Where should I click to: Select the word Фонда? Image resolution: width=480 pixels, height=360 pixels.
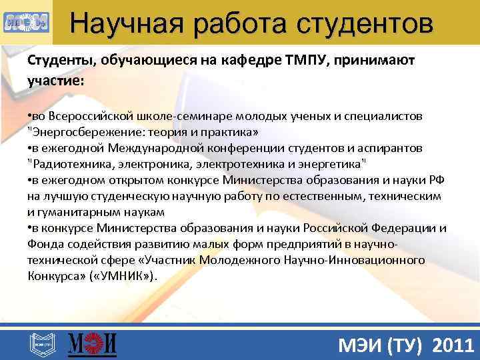tap(43, 244)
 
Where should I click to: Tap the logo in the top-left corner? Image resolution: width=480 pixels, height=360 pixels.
tap(25, 22)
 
